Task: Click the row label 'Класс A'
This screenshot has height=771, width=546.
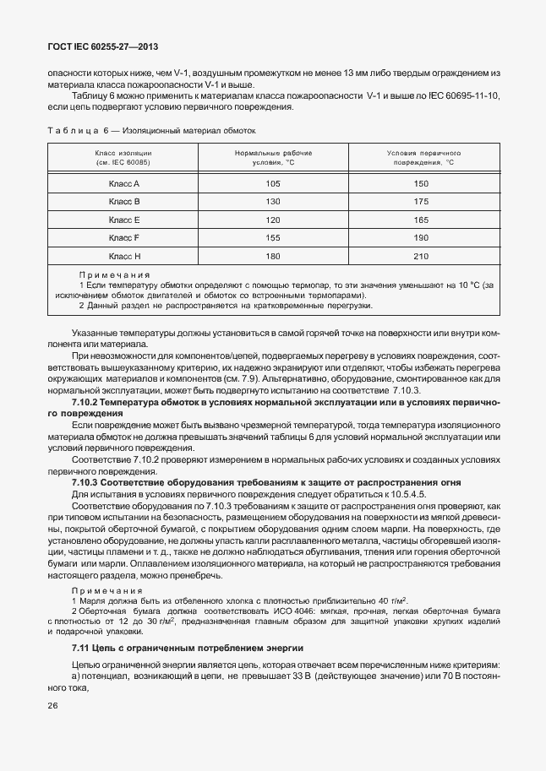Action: pyautogui.click(x=124, y=183)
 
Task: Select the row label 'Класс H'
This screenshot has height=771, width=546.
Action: pyautogui.click(x=124, y=255)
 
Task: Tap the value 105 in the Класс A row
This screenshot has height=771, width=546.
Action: pyautogui.click(x=272, y=183)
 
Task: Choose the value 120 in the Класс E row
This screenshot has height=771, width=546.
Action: pyautogui.click(x=272, y=220)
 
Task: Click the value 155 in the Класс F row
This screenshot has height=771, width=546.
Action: pyautogui.click(x=272, y=237)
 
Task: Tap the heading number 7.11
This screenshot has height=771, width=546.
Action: pyautogui.click(x=82, y=648)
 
